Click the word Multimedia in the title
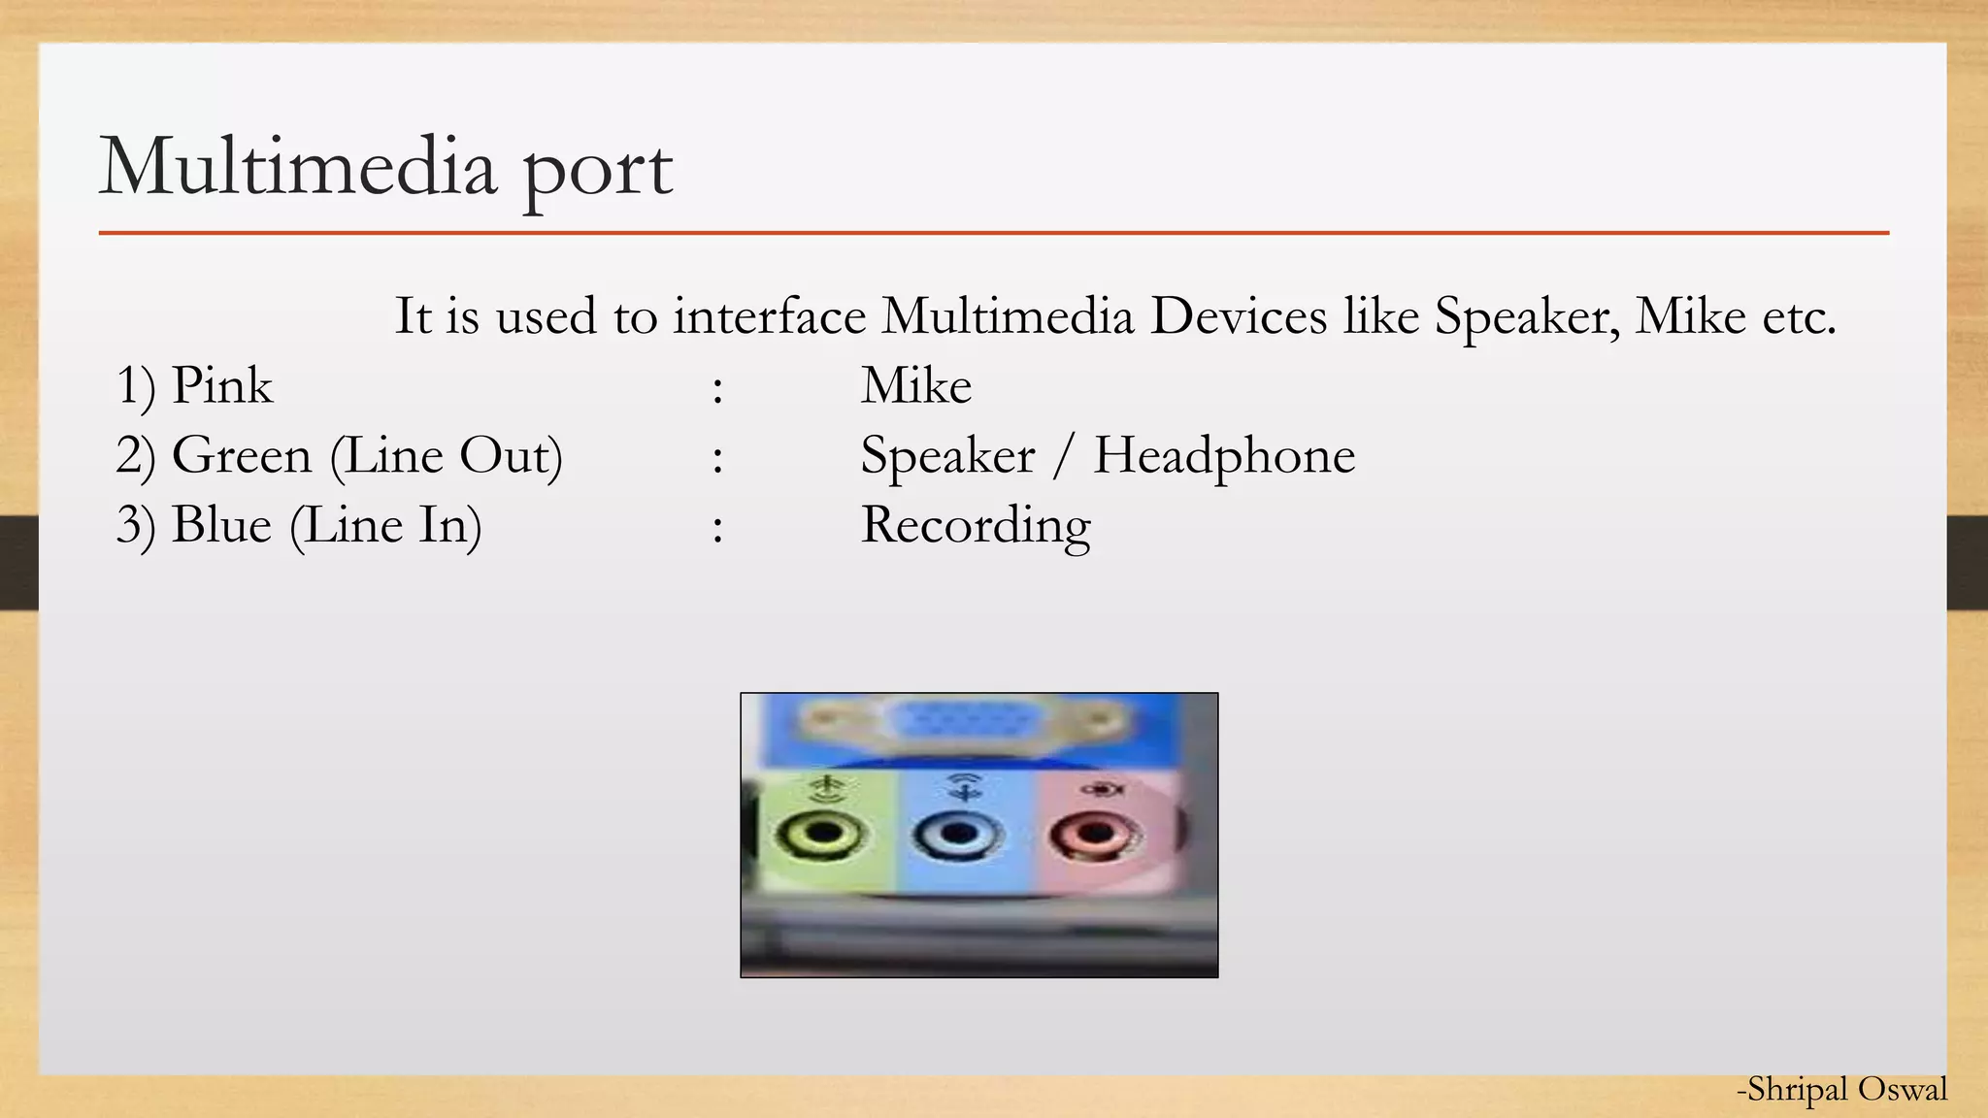(x=298, y=167)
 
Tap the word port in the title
(x=597, y=171)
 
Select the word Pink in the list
(x=221, y=385)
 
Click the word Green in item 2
(x=241, y=455)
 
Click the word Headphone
(x=1224, y=455)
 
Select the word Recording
(x=976, y=525)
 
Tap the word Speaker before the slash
(x=947, y=455)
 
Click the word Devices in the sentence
(x=1238, y=315)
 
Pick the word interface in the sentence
(x=769, y=315)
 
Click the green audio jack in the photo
(x=822, y=834)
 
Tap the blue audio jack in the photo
(x=959, y=834)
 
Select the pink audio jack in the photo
(x=1095, y=834)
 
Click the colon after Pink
(x=716, y=389)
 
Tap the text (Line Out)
(x=446, y=455)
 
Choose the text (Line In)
(x=385, y=525)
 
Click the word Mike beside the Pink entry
(x=915, y=385)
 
